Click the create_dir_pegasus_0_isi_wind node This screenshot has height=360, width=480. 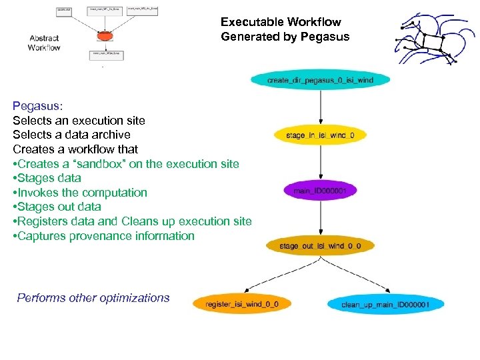(x=320, y=81)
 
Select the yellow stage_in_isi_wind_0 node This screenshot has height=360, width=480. (x=320, y=136)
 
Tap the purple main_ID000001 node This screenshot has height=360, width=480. (x=321, y=191)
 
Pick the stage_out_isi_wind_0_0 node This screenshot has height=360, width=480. (x=320, y=246)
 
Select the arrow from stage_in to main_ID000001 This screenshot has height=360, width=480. (x=321, y=163)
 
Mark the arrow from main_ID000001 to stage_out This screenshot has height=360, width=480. (x=321, y=219)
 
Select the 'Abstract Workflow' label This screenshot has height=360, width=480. (x=44, y=43)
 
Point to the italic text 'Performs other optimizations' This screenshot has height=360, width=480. (x=93, y=298)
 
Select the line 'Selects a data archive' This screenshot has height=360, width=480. (x=71, y=135)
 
